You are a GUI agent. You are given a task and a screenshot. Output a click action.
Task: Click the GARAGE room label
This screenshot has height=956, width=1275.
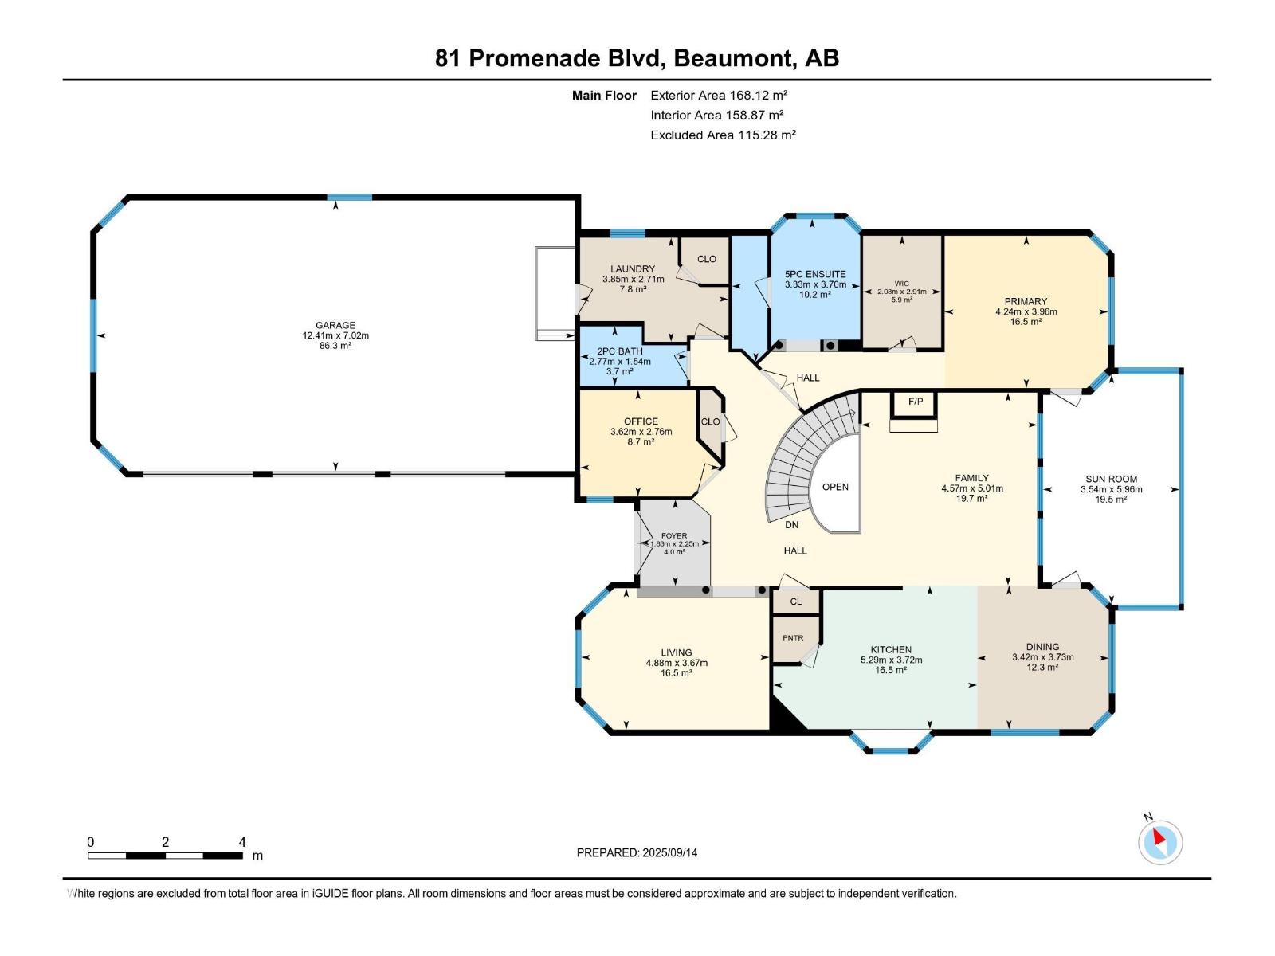point(335,325)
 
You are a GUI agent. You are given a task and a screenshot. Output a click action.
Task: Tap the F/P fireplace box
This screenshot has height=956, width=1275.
point(916,402)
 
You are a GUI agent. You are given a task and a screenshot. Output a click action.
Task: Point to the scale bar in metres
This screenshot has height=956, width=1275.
point(165,856)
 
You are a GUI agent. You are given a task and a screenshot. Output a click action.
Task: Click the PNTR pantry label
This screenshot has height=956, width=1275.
point(793,638)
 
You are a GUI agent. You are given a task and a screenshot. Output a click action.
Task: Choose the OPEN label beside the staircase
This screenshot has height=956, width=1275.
point(835,487)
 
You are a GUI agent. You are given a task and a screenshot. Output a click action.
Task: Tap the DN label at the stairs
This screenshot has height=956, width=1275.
point(791,525)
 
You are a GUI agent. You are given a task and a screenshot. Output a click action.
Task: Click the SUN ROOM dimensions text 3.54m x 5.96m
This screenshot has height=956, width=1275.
point(1111,489)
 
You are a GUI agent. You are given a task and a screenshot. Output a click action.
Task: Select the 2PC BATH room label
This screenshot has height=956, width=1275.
point(619,351)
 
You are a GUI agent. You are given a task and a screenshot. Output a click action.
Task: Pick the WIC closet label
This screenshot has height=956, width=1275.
point(901,284)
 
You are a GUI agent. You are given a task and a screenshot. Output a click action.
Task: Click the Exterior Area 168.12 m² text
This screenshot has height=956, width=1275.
point(719,95)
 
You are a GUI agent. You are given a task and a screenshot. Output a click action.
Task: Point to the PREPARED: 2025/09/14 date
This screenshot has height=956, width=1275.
point(637,852)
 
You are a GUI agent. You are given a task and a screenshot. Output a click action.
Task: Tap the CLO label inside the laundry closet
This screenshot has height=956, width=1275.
point(707,259)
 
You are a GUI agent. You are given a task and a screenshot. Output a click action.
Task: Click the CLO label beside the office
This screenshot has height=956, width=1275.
point(710,422)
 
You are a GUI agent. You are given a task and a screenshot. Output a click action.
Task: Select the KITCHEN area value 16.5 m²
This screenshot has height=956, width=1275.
point(891,671)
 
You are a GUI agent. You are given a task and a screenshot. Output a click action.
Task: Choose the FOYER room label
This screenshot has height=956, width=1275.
point(673,536)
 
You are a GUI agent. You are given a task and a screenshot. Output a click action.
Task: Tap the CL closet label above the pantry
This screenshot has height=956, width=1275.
point(795,601)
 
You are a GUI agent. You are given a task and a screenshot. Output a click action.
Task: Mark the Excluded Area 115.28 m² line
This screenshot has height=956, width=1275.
point(723,135)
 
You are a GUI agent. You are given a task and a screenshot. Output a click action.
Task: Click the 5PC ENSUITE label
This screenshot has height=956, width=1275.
point(815,274)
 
